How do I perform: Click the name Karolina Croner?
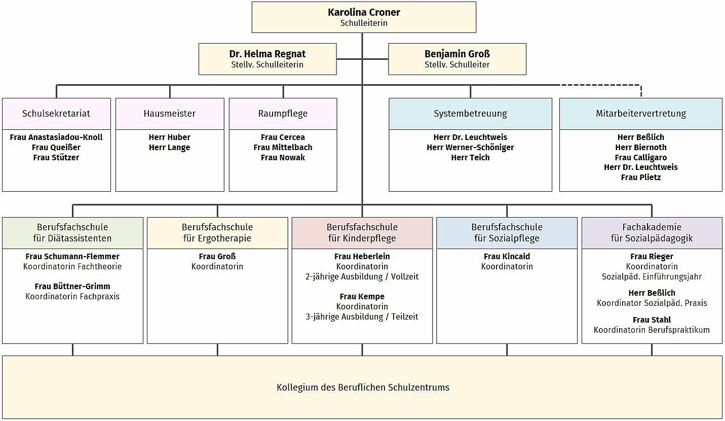[364, 12]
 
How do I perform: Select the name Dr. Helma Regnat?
[268, 54]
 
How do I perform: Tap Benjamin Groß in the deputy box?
[457, 54]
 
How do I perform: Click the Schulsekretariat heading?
[56, 114]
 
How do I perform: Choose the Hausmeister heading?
[170, 114]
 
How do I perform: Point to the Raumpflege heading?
[283, 114]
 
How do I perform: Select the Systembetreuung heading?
[470, 114]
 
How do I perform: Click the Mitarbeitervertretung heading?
[641, 114]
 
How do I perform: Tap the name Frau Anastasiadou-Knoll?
[56, 137]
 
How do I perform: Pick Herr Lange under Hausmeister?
[170, 148]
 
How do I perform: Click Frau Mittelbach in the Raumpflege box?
[283, 148]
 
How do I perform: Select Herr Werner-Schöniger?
[470, 148]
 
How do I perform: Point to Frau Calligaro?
[641, 158]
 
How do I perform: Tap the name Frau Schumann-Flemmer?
[72, 256]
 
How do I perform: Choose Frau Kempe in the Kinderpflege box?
[362, 297]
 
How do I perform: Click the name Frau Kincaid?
[507, 256]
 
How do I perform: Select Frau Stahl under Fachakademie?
[652, 320]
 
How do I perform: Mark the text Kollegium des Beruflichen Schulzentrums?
[363, 388]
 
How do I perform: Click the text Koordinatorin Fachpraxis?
[72, 297]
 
